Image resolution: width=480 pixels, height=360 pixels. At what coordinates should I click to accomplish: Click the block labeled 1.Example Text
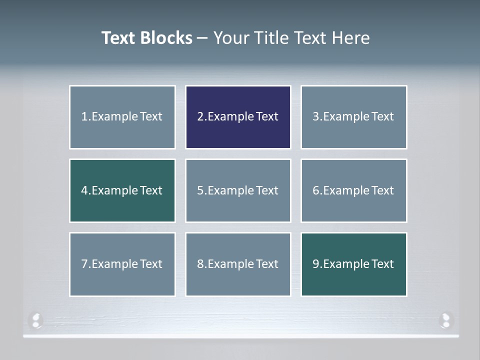click(122, 117)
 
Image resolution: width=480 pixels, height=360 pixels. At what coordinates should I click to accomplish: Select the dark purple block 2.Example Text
click(238, 117)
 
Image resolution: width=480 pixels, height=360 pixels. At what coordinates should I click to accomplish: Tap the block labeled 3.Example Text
click(353, 117)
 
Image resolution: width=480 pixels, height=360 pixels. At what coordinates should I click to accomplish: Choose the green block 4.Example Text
click(122, 190)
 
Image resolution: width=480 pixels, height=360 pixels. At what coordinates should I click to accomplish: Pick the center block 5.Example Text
click(238, 190)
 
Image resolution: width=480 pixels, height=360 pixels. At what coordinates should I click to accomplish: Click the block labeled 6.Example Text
click(353, 190)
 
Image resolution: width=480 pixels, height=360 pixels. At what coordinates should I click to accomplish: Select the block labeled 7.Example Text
click(122, 264)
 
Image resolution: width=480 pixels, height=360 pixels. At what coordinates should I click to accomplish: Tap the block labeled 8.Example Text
click(238, 264)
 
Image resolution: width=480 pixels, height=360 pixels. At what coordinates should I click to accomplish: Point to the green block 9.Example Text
click(353, 264)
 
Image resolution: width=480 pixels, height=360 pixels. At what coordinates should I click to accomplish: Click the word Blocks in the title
click(167, 38)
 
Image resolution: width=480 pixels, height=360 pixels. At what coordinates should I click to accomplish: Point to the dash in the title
click(202, 38)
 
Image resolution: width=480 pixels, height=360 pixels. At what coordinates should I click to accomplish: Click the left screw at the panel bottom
click(36, 320)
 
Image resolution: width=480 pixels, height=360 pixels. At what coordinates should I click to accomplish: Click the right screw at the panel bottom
click(445, 320)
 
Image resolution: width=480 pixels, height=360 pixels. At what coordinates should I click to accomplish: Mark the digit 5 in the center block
click(200, 190)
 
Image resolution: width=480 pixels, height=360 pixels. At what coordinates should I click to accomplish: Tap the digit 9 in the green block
click(316, 264)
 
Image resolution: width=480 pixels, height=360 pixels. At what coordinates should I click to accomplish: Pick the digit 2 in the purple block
click(200, 117)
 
